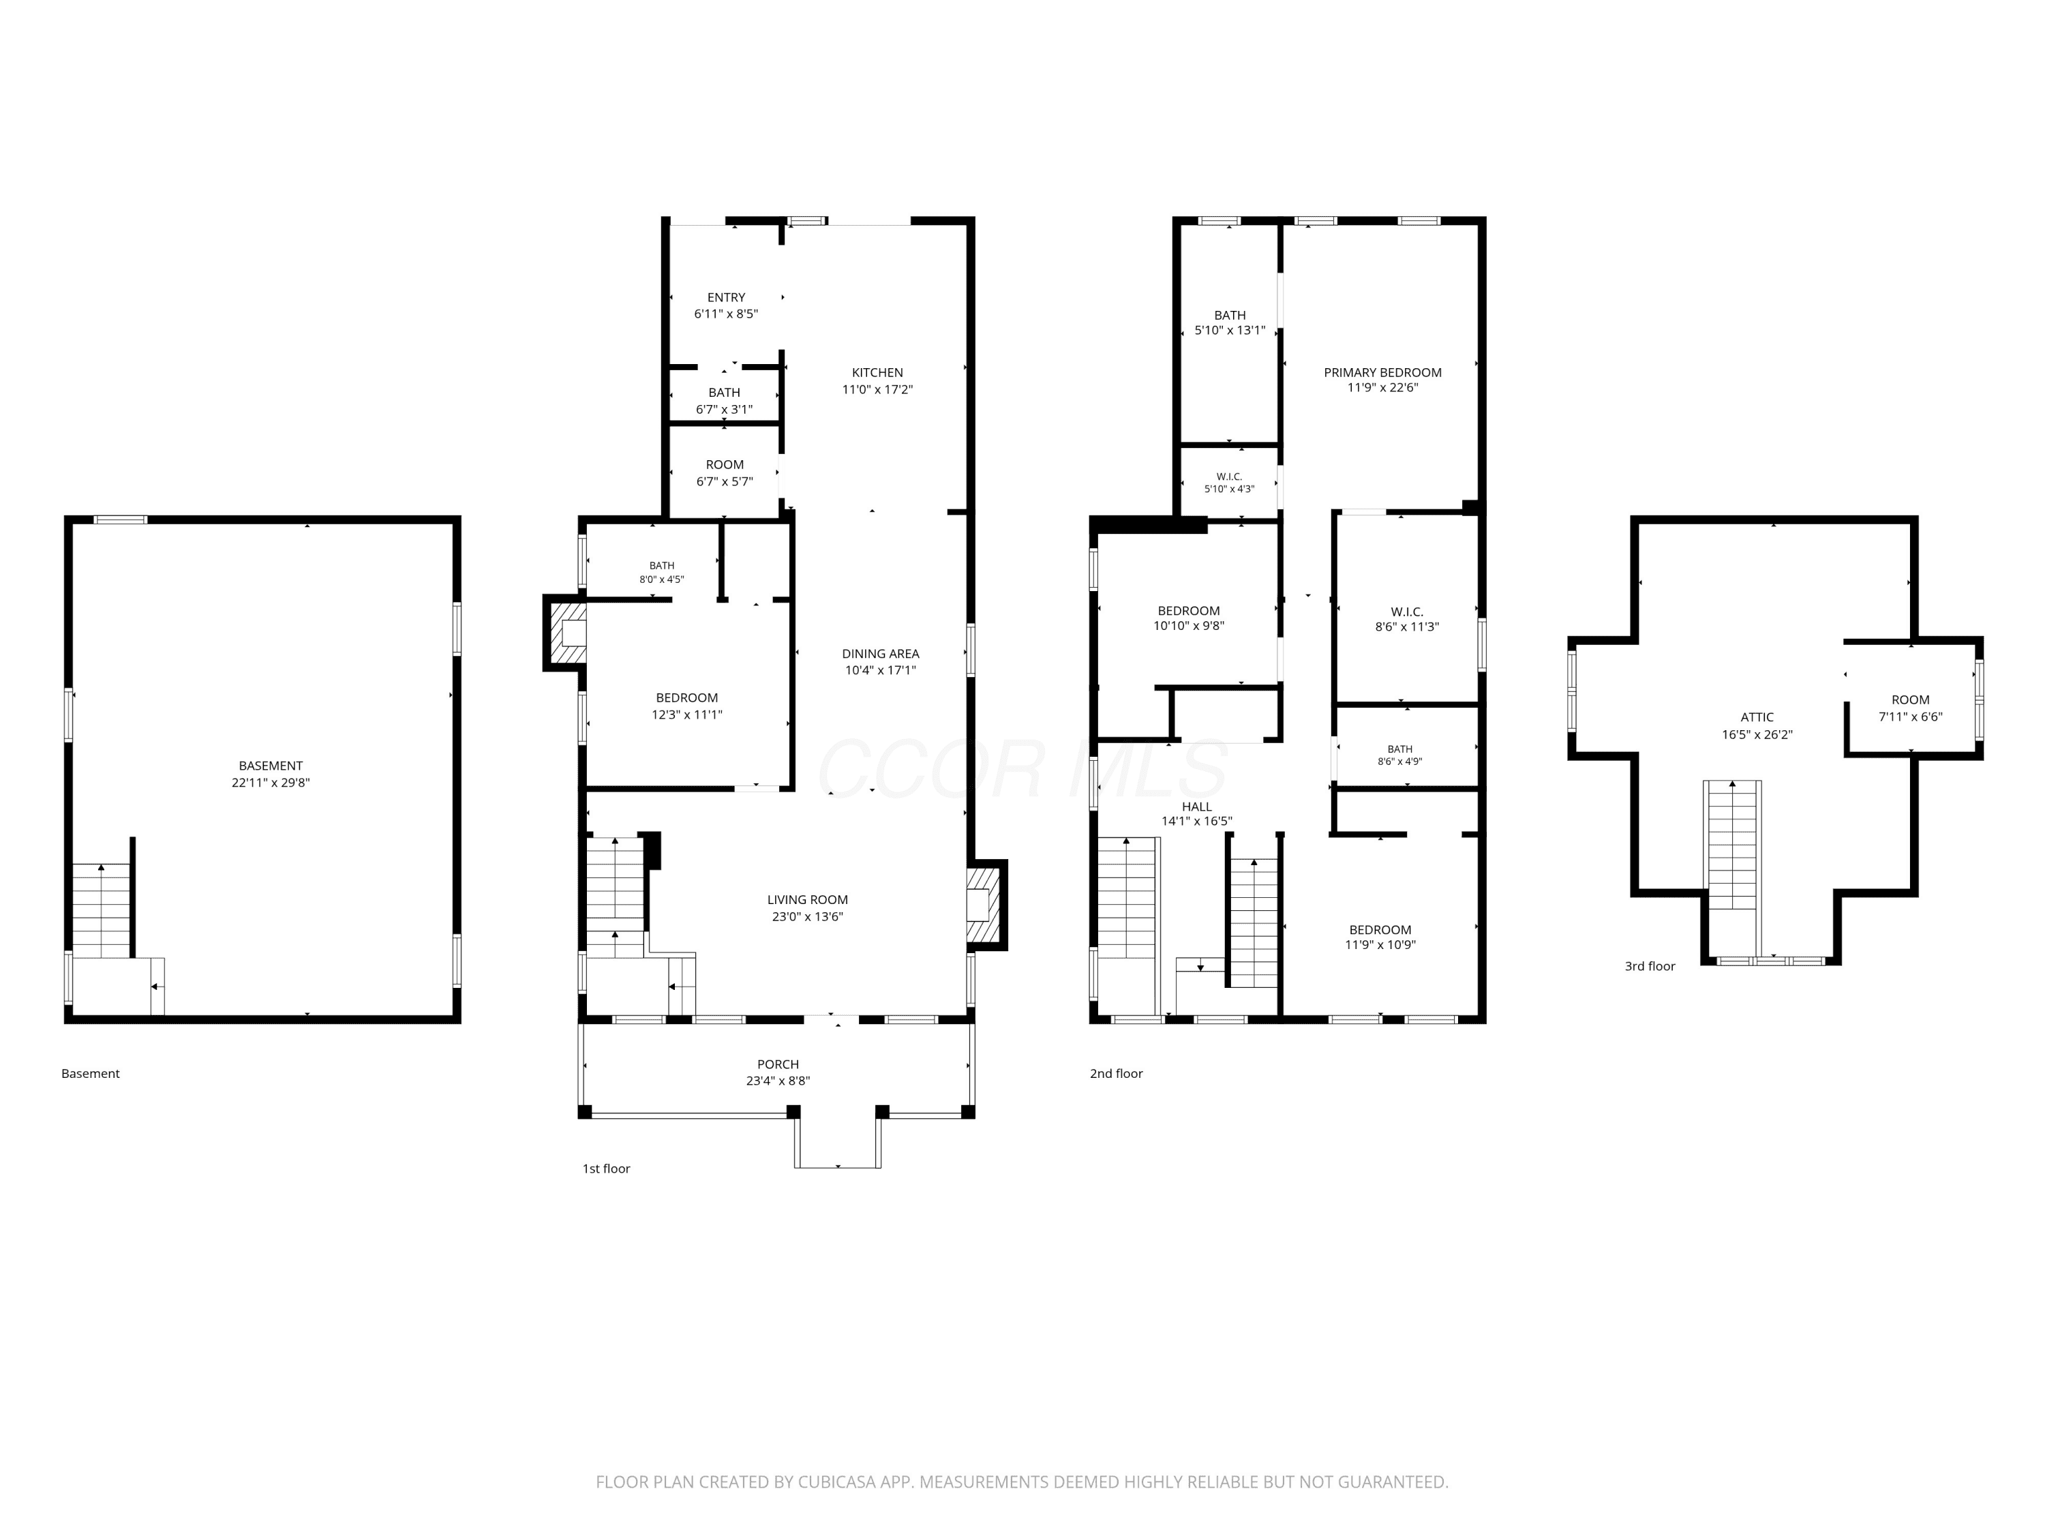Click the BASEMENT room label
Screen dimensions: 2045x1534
tap(270, 766)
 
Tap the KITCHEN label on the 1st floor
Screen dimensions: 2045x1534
tap(877, 373)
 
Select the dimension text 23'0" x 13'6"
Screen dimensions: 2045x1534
tap(807, 916)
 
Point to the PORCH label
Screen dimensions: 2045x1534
tap(778, 1064)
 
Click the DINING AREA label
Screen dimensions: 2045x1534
tap(880, 654)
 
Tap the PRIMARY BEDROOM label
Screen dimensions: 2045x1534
tap(1382, 373)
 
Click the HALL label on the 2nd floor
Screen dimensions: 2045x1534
tap(1196, 807)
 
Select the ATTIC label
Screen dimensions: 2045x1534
tap(1757, 717)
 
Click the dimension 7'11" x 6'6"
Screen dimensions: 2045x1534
tap(1910, 717)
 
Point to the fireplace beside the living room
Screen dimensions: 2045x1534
tap(986, 905)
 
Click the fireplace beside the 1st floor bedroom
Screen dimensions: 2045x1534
tap(565, 633)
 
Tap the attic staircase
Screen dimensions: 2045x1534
tap(1731, 844)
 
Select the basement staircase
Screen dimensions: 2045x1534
tap(102, 911)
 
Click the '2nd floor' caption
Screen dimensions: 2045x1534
tap(1116, 1074)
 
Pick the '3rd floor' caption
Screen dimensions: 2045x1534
tap(1650, 966)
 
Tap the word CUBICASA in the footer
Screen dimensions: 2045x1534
tap(838, 1482)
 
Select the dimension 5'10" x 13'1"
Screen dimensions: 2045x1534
tap(1230, 330)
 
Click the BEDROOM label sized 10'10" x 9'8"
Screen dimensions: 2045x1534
tap(1188, 610)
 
